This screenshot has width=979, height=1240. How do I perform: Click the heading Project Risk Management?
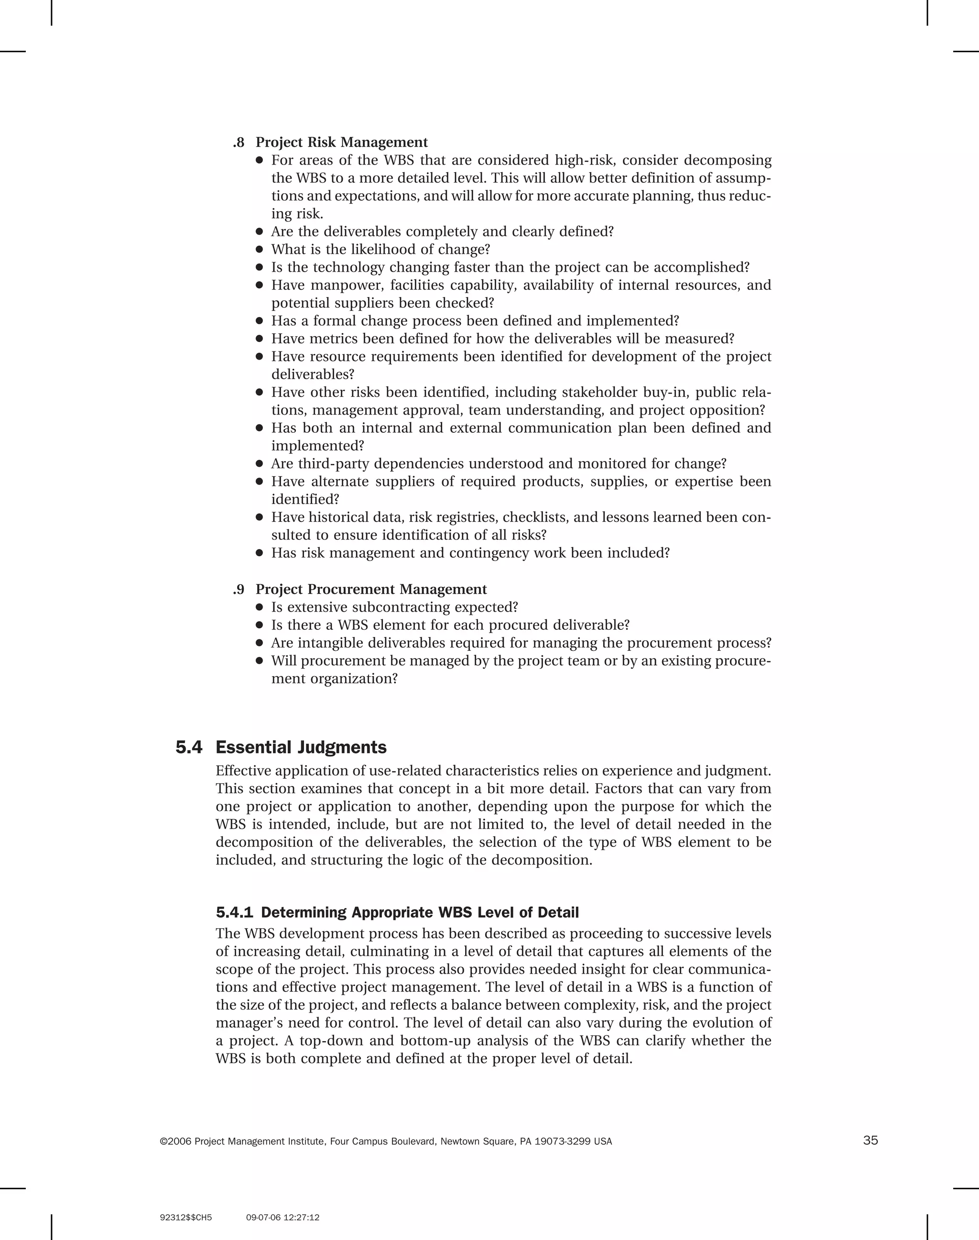coord(342,142)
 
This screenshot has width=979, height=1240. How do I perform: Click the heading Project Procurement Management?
coord(371,589)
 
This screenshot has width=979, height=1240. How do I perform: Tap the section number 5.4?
coord(189,747)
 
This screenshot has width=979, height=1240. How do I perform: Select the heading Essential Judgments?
coord(301,747)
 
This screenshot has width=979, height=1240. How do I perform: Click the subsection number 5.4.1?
coord(234,912)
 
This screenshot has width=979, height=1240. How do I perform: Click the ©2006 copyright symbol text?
coord(175,1141)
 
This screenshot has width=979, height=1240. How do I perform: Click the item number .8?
coord(239,142)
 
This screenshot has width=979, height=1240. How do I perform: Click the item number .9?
coord(239,589)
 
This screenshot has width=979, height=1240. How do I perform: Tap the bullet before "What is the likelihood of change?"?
coord(259,249)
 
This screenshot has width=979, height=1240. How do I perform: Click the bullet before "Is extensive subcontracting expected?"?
coord(259,607)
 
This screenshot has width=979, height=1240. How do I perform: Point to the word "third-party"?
coord(332,464)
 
